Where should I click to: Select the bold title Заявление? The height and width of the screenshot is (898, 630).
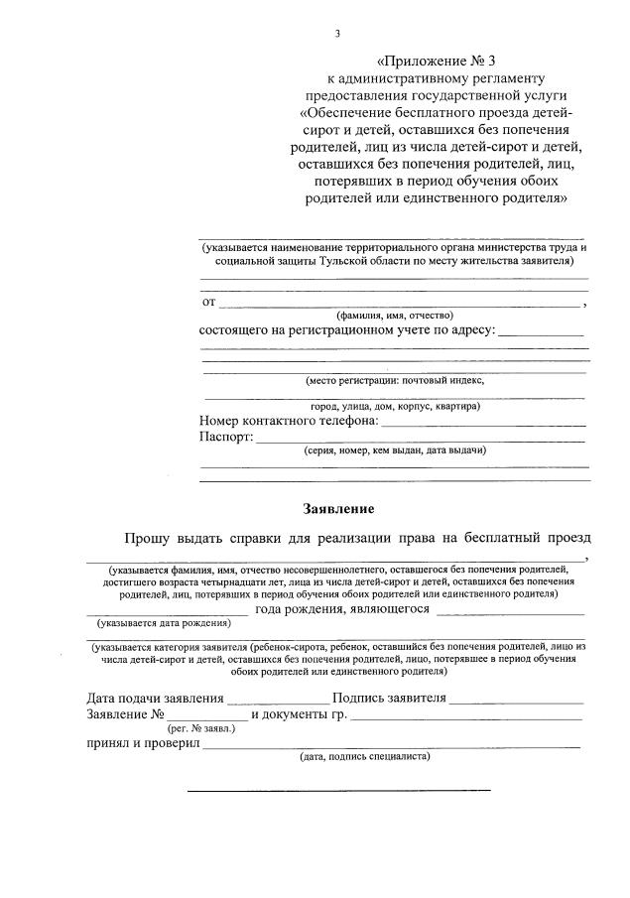coord(338,509)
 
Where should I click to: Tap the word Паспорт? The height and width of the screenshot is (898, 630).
coord(226,437)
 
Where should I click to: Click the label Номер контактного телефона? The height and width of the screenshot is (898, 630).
coord(289,421)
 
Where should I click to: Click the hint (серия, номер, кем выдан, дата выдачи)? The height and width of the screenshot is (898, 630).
coord(394,450)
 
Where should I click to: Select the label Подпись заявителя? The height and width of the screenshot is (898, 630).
coord(389,698)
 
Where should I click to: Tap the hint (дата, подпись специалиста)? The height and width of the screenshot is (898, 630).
coord(364,755)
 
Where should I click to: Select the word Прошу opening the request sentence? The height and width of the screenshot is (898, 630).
coord(146,538)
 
